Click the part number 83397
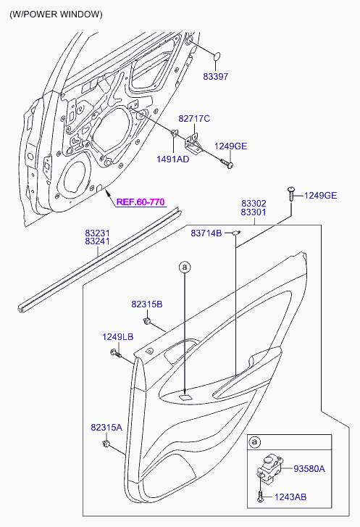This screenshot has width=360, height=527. click(216, 77)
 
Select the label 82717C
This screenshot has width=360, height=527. click(194, 119)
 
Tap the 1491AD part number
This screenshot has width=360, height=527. click(173, 159)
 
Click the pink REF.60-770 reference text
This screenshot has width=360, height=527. click(141, 202)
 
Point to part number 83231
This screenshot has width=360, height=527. click(97, 233)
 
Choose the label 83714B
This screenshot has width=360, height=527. click(206, 233)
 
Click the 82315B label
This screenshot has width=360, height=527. click(147, 304)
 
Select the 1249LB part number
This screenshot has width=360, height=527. click(118, 337)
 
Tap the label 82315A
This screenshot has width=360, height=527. click(106, 428)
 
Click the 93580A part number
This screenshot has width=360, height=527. click(309, 469)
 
